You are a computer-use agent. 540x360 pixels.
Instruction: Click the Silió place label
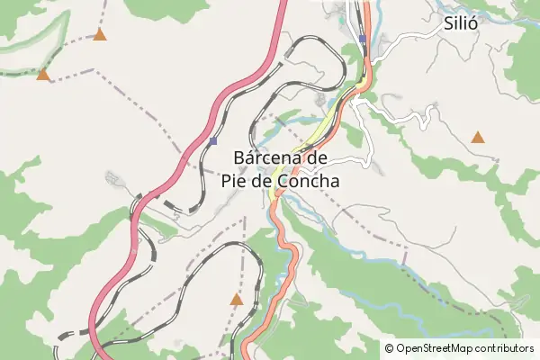click(459, 24)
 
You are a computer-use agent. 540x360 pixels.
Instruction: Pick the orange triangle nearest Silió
click(478, 138)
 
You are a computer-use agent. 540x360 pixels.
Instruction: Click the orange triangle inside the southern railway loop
click(237, 299)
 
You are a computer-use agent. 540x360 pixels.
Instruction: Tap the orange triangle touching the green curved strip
click(42, 74)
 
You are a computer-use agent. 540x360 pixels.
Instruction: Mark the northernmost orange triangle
click(99, 35)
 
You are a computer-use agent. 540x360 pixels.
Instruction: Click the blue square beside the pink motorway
click(212, 141)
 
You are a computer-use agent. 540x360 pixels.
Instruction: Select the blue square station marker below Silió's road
click(362, 39)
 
